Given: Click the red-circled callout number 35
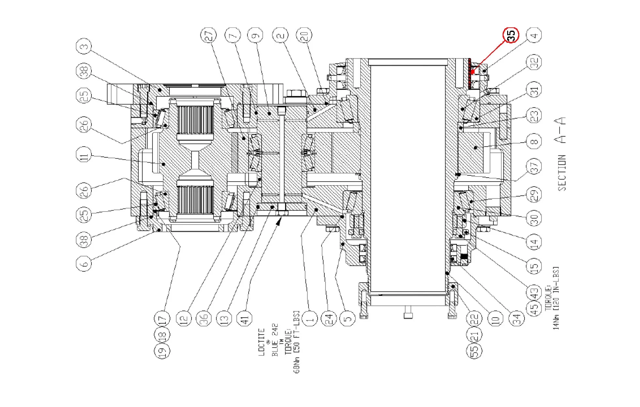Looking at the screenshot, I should click(511, 35).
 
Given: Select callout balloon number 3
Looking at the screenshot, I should click(84, 47).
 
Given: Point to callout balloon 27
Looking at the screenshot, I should click(208, 35).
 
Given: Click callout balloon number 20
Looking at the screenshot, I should click(304, 35).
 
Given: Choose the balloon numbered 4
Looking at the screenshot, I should click(534, 35).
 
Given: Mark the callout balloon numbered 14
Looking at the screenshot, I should click(534, 242).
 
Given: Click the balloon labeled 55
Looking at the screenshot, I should click(474, 350).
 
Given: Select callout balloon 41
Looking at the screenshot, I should click(245, 318).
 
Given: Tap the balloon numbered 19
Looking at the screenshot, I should click(162, 351).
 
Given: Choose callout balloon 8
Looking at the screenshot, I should click(534, 141).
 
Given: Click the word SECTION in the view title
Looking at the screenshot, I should click(561, 173).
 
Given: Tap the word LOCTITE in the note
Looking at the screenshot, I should click(261, 342).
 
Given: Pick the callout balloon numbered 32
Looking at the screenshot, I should click(534, 62).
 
